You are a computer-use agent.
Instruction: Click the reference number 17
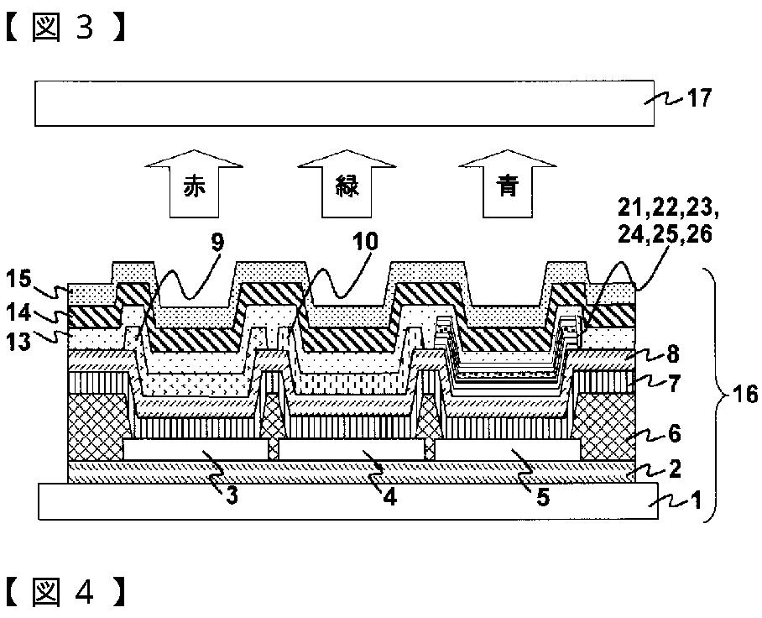tap(698, 99)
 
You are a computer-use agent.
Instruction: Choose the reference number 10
tap(366, 244)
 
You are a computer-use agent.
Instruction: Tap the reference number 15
tap(20, 277)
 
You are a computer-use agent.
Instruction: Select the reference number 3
tap(232, 495)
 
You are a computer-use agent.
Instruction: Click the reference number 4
tap(389, 495)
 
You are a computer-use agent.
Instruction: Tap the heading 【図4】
tap(67, 593)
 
